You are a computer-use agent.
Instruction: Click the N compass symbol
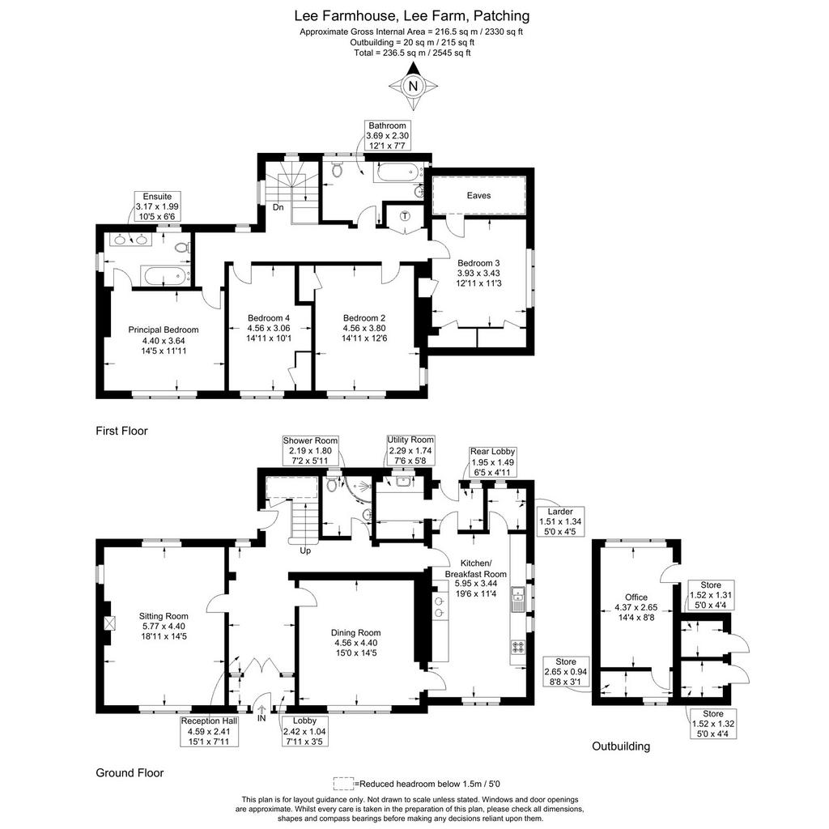(x=413, y=86)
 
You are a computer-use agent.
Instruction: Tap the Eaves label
(x=478, y=195)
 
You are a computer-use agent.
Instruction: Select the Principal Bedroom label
(x=164, y=329)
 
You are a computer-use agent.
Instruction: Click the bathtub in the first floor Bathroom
(x=397, y=172)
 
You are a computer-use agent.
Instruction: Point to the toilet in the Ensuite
(x=182, y=248)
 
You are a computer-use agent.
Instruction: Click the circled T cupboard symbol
(x=405, y=215)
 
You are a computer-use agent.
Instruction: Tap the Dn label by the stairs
(x=278, y=207)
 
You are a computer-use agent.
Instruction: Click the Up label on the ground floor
(x=305, y=551)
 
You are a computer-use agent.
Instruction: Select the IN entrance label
(x=261, y=719)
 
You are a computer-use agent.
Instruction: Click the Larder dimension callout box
(x=560, y=521)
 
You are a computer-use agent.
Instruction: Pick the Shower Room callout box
(x=310, y=450)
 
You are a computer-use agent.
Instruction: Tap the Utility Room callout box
(x=410, y=450)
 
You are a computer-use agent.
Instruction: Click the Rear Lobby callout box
(x=492, y=462)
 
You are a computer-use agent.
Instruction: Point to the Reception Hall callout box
(x=209, y=731)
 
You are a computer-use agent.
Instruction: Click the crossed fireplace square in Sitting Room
(x=109, y=623)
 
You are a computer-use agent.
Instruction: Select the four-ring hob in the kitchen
(x=517, y=647)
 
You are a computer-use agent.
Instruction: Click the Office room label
(x=636, y=597)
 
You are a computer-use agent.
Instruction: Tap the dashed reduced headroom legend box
(x=343, y=783)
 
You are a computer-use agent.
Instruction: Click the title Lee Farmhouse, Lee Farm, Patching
(x=412, y=16)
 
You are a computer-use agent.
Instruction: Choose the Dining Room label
(x=356, y=632)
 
